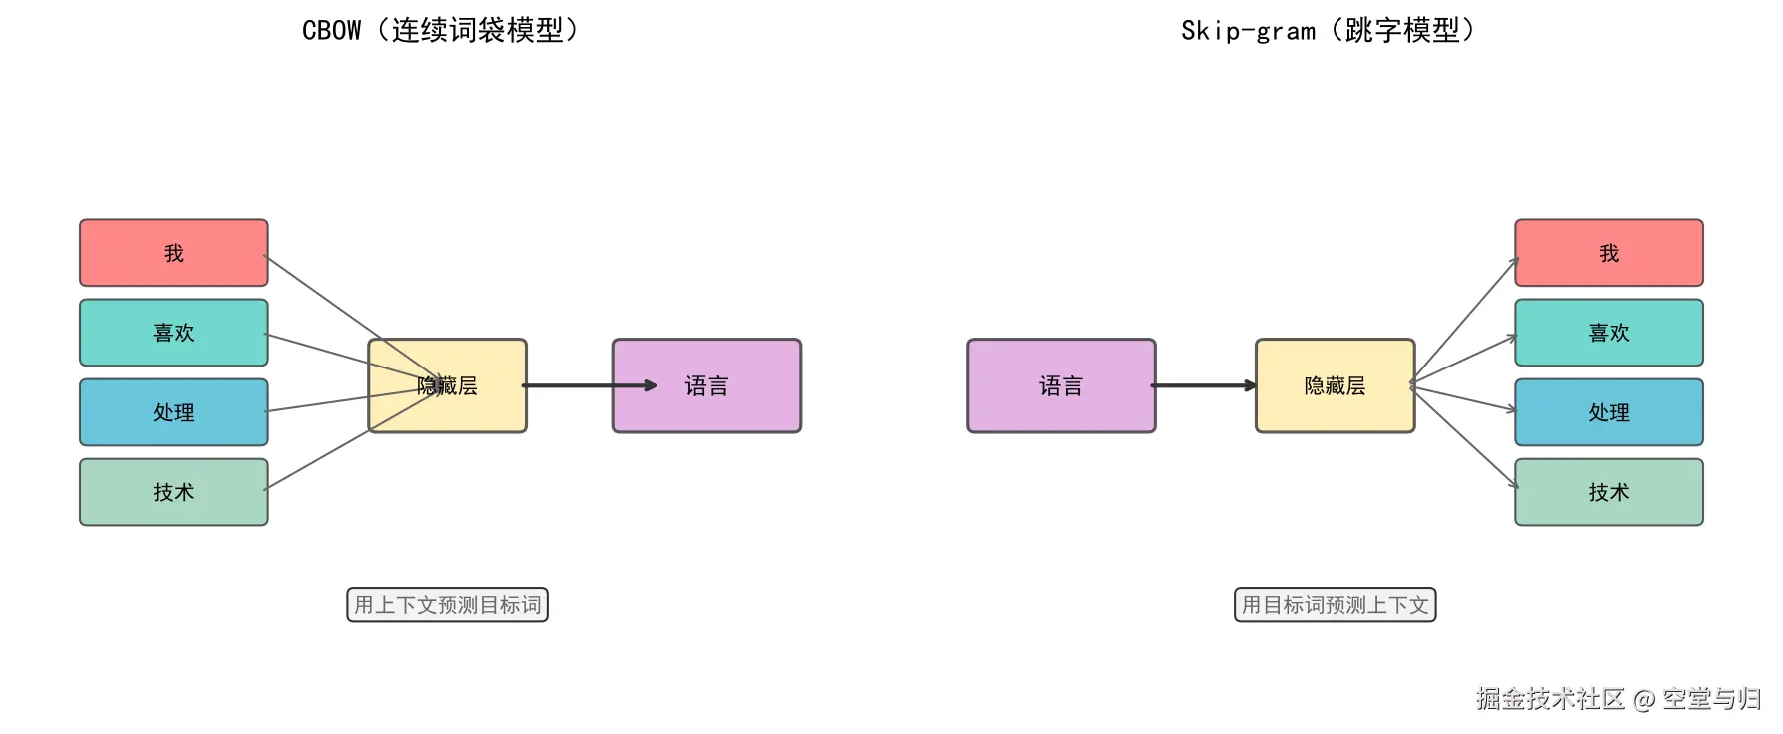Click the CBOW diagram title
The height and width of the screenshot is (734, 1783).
(440, 31)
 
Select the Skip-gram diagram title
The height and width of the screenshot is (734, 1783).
(1328, 31)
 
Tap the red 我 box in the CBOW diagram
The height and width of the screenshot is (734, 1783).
(174, 253)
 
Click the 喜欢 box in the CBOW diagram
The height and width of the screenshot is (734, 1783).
(174, 333)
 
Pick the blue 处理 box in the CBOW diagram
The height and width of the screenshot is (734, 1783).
(174, 412)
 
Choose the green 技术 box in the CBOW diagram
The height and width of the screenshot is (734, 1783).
(174, 492)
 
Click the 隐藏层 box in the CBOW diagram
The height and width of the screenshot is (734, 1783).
(447, 385)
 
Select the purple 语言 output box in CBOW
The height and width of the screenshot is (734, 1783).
(707, 385)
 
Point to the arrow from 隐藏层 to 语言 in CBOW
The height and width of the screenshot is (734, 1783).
(590, 385)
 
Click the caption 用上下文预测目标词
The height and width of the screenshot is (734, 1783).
(447, 605)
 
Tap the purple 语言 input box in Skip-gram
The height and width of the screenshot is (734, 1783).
(1061, 385)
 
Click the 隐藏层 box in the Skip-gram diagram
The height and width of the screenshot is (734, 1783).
(1336, 385)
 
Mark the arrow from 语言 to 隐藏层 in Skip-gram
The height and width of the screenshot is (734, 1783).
(1204, 385)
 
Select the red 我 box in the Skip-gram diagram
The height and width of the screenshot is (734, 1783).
(1609, 253)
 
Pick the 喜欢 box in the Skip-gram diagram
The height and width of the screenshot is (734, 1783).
(1609, 333)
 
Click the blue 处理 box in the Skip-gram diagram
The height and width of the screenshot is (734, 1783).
(1609, 412)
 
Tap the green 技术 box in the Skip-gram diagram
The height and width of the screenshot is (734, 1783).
(1609, 492)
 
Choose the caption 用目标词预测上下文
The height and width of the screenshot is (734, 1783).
(1336, 605)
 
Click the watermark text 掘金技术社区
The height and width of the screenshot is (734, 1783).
(1551, 699)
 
